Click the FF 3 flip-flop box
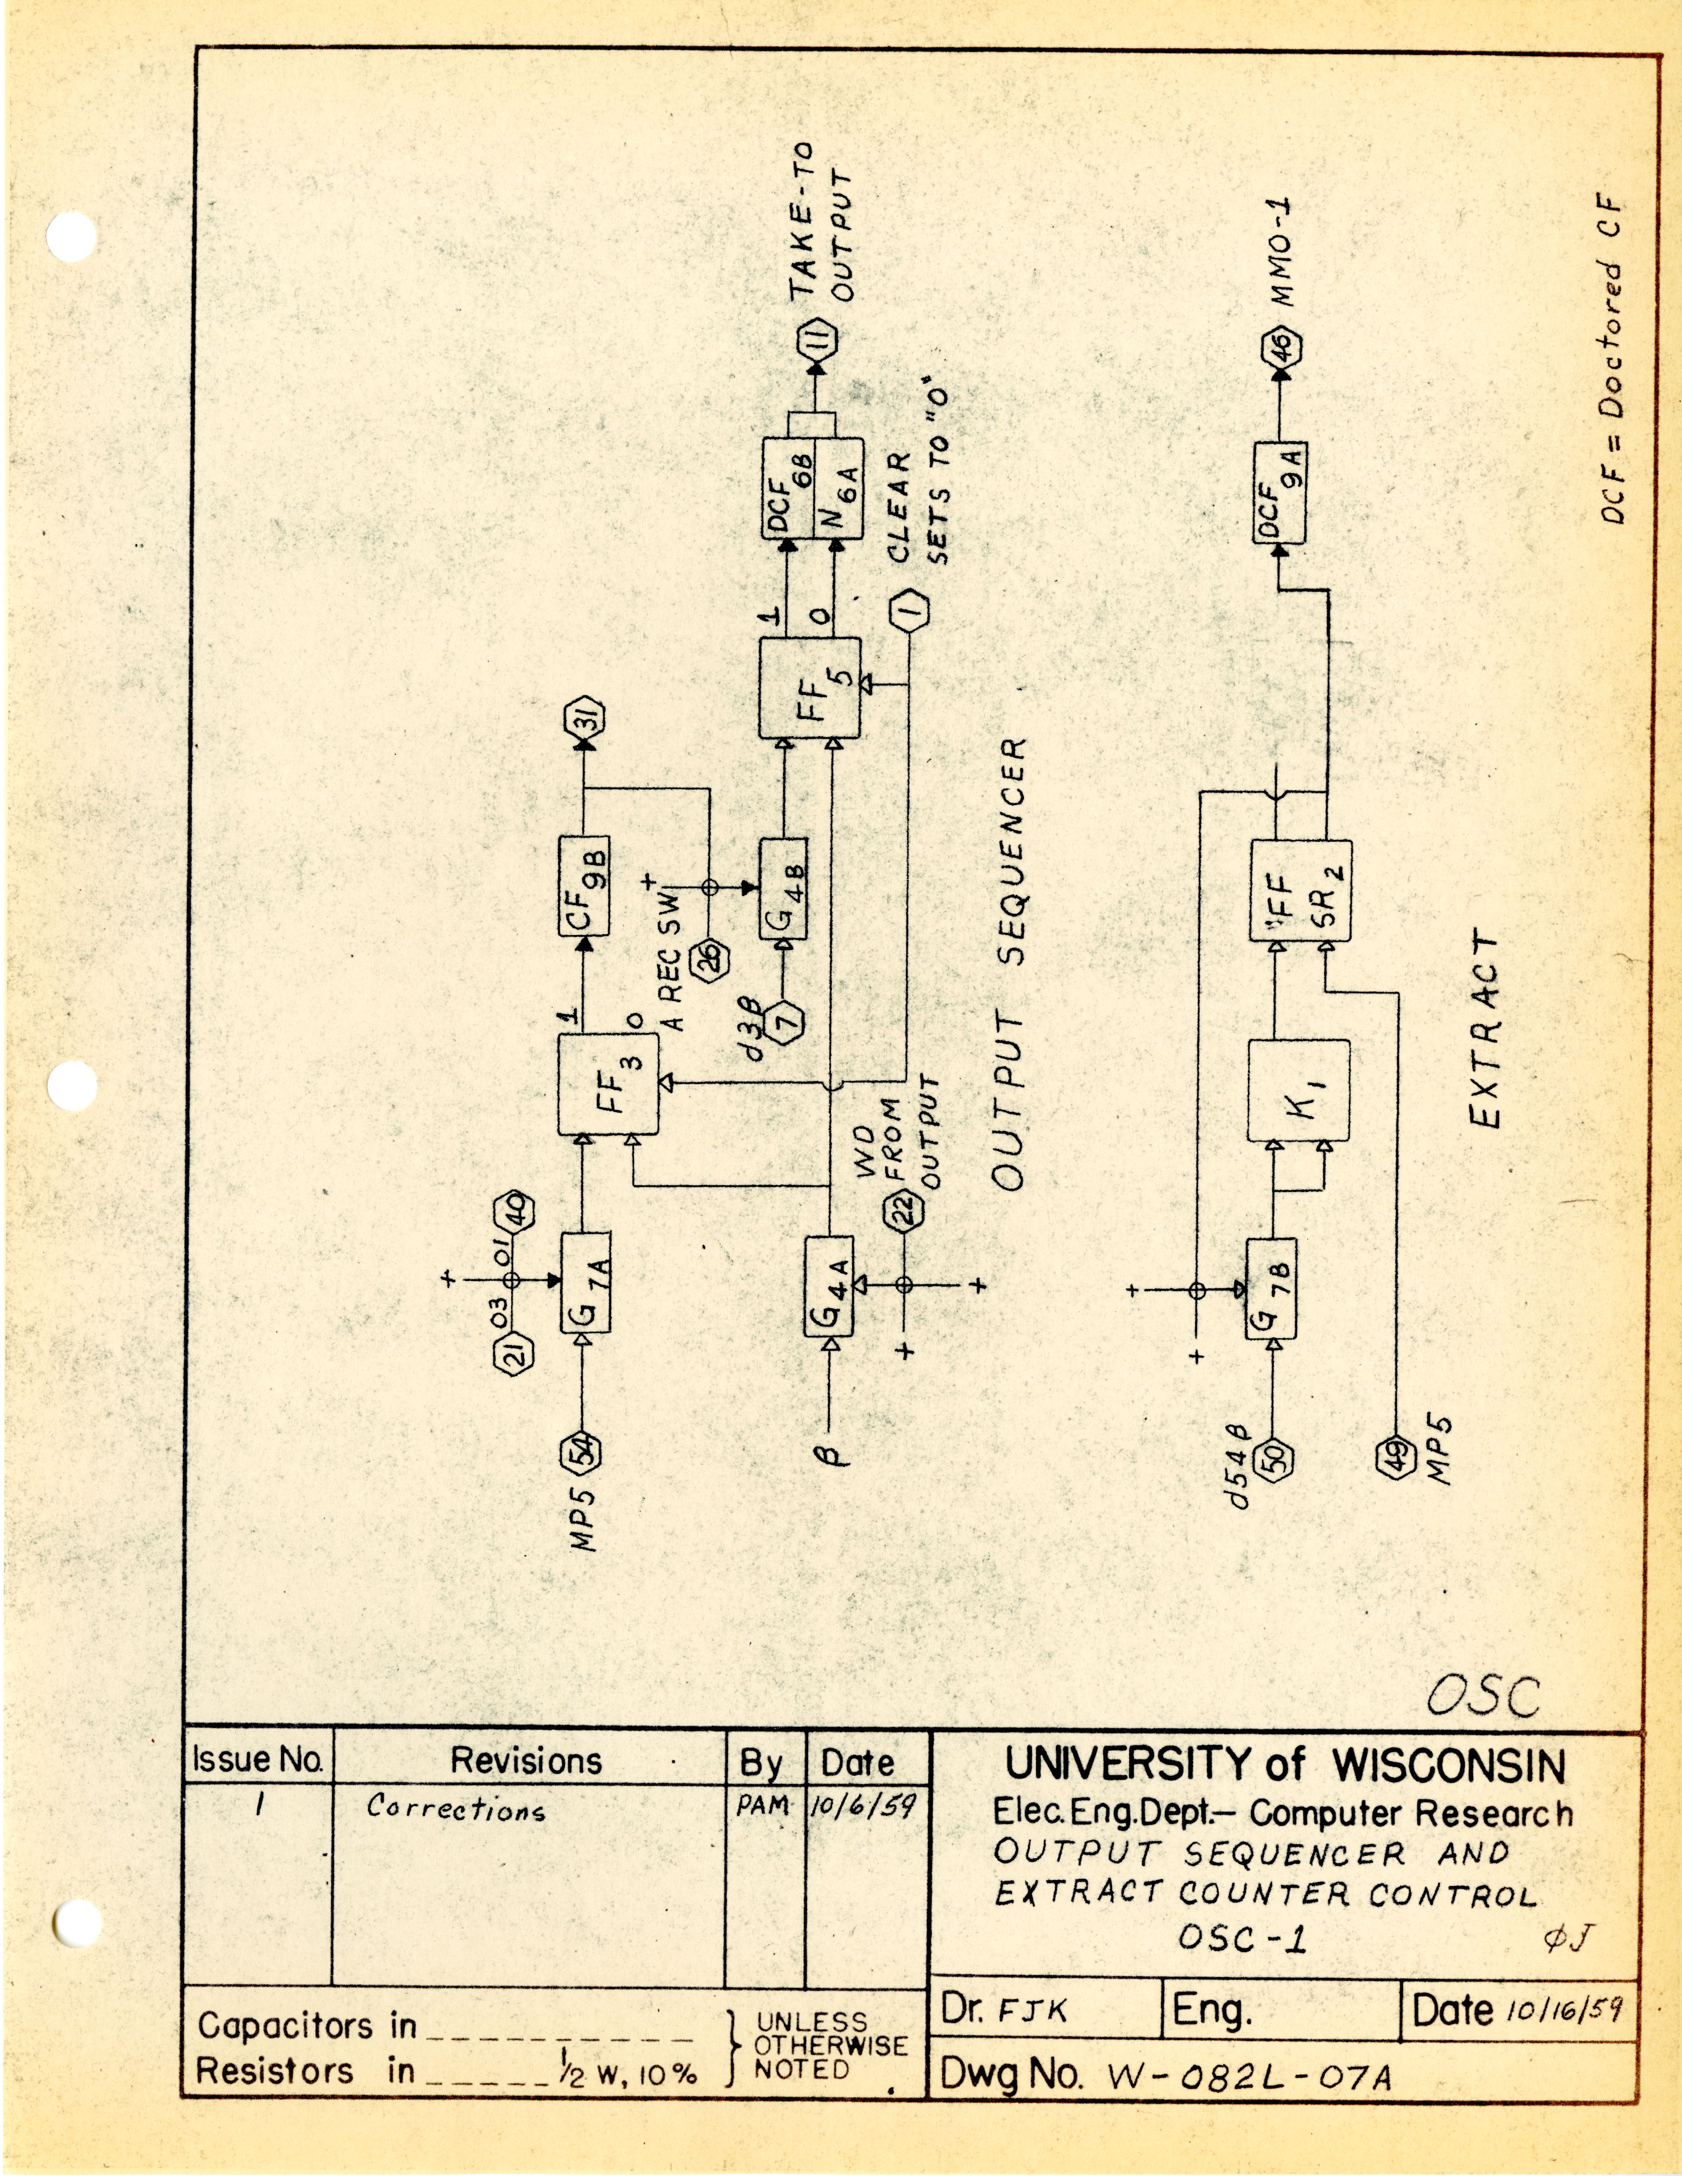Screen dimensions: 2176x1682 pos(608,1084)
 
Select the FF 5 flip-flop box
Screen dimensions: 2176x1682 pos(809,687)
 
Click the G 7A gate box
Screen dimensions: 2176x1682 pos(586,1282)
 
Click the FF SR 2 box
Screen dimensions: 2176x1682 pos(1300,890)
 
